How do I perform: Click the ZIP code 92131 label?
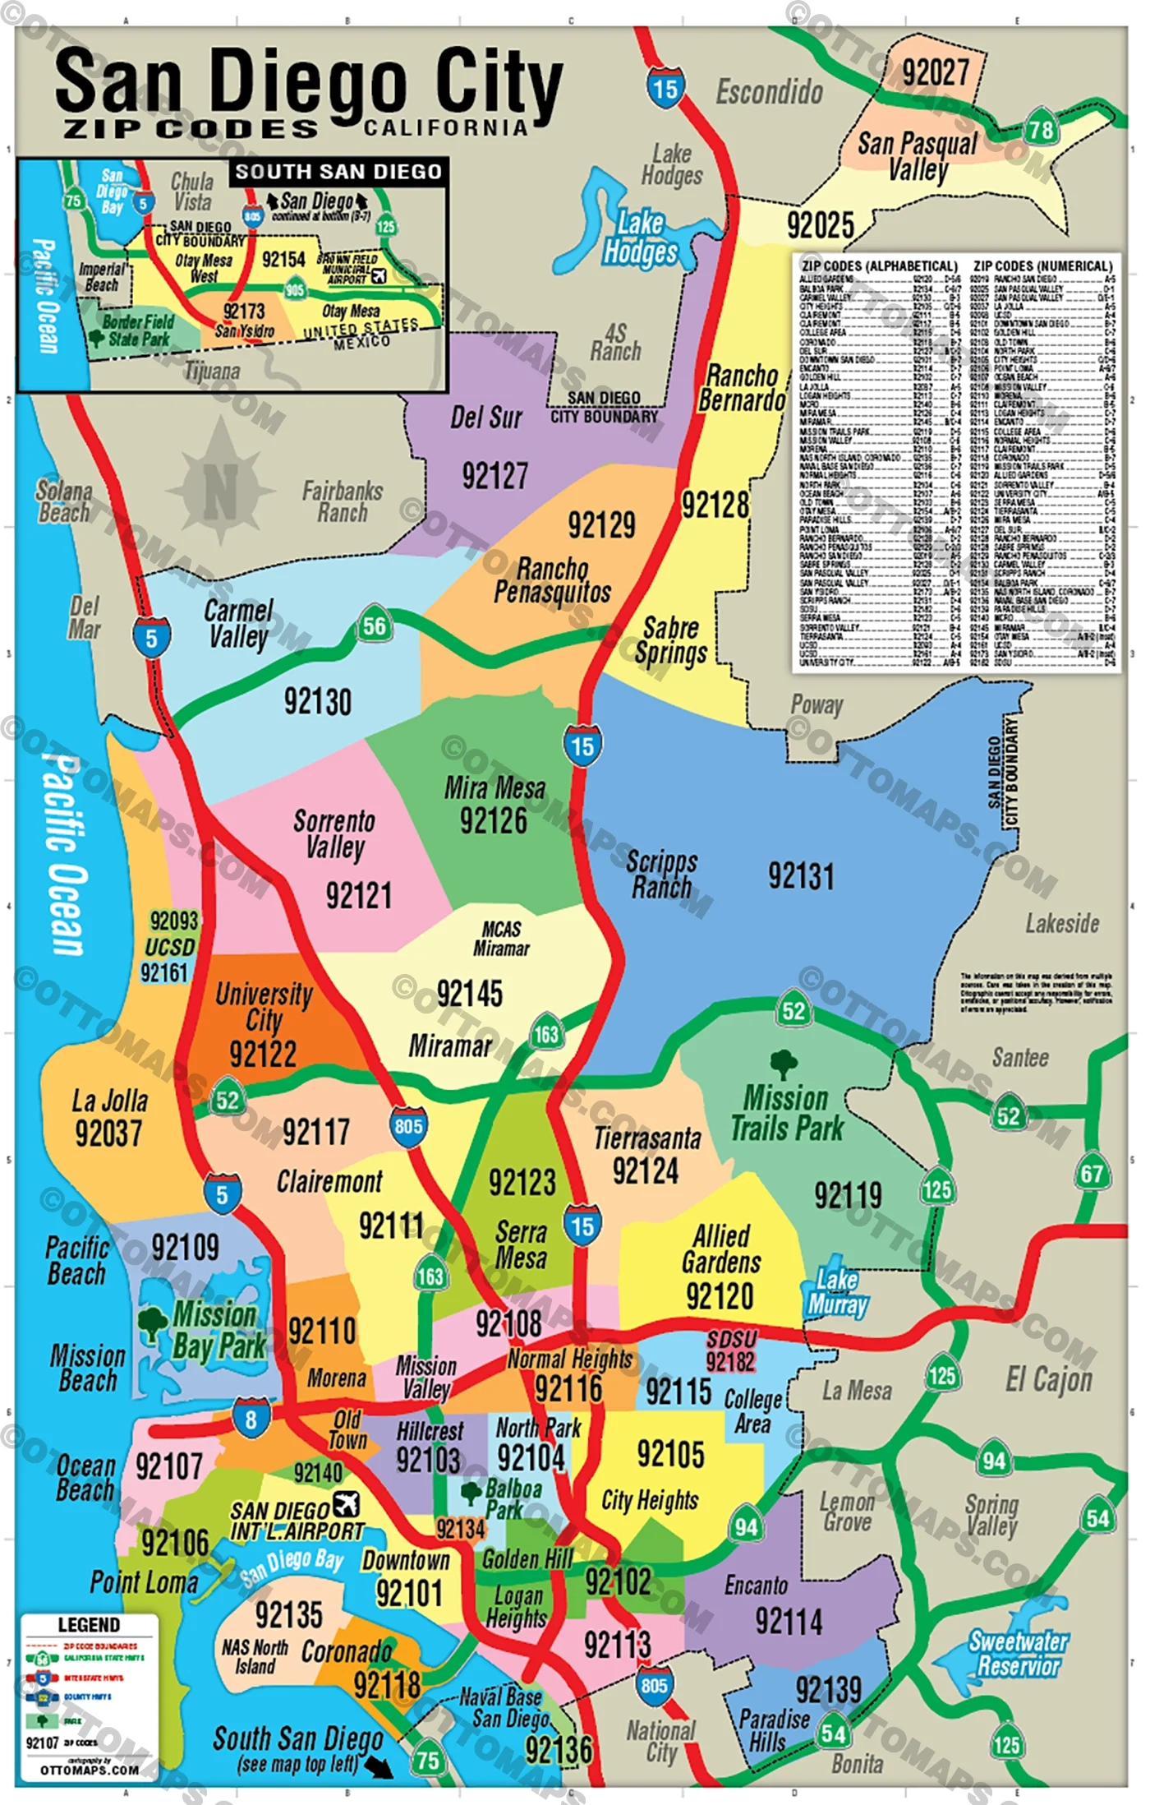pyautogui.click(x=801, y=876)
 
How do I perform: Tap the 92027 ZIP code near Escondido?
pyautogui.click(x=936, y=72)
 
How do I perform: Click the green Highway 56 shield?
pyautogui.click(x=374, y=626)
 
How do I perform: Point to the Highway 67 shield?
pyautogui.click(x=1092, y=1174)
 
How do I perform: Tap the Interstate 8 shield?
pyautogui.click(x=251, y=1419)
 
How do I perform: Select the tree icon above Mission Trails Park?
pyautogui.click(x=784, y=1063)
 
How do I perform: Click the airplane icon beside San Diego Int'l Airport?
pyautogui.click(x=347, y=1503)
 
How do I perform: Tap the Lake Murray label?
pyautogui.click(x=837, y=1293)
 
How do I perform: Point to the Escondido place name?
pyautogui.click(x=769, y=92)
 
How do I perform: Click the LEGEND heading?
pyautogui.click(x=89, y=1625)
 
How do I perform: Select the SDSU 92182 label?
pyautogui.click(x=730, y=1351)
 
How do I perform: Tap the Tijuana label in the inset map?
pyautogui.click(x=212, y=372)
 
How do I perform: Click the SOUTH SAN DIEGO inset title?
pyautogui.click(x=338, y=171)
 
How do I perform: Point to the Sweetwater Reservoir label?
pyautogui.click(x=1019, y=1654)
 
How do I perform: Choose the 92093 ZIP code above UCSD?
pyautogui.click(x=174, y=921)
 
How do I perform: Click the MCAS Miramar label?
pyautogui.click(x=501, y=939)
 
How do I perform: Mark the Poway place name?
pyautogui.click(x=816, y=704)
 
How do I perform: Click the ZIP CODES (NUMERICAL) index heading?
pyautogui.click(x=1042, y=266)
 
